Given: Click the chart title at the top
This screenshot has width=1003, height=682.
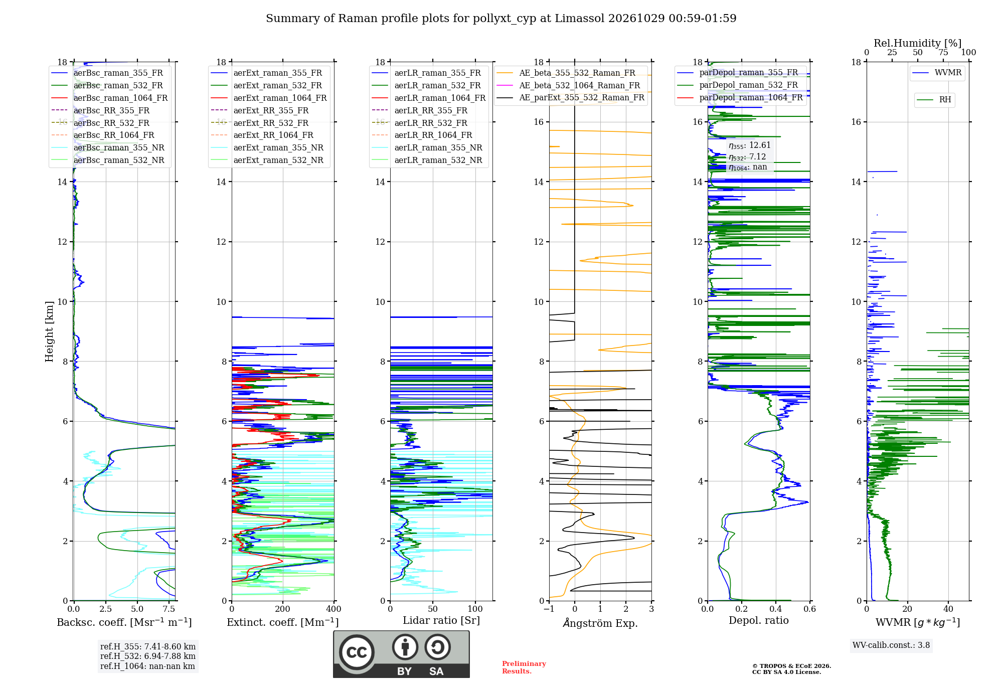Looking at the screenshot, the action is click(x=501, y=19).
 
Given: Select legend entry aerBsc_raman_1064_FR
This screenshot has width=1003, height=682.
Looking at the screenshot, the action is click(x=120, y=98).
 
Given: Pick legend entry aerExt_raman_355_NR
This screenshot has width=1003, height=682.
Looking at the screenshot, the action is click(x=278, y=147).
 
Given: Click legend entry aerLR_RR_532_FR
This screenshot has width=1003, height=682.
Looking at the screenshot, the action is click(x=431, y=123).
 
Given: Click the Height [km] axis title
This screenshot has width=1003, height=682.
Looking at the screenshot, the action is click(x=49, y=331).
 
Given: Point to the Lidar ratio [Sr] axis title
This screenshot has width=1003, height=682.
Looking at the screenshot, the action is click(x=441, y=620).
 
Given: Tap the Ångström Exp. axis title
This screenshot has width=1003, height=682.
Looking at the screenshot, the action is click(x=600, y=623).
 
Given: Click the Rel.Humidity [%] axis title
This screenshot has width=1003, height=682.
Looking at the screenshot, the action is click(x=917, y=43).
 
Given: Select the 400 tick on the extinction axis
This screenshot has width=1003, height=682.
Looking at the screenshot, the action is click(x=333, y=609).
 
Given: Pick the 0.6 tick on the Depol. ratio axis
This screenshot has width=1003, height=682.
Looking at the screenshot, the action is click(x=809, y=609).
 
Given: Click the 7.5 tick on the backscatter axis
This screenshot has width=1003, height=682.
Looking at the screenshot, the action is click(x=169, y=609).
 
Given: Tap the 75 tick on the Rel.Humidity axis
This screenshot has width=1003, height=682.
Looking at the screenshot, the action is click(x=943, y=53).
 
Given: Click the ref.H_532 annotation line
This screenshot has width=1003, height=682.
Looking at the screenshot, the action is click(x=147, y=656).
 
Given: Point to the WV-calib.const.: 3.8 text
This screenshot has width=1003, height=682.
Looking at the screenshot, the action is click(x=891, y=645).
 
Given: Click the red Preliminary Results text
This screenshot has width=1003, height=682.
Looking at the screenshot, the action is click(x=524, y=667).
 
